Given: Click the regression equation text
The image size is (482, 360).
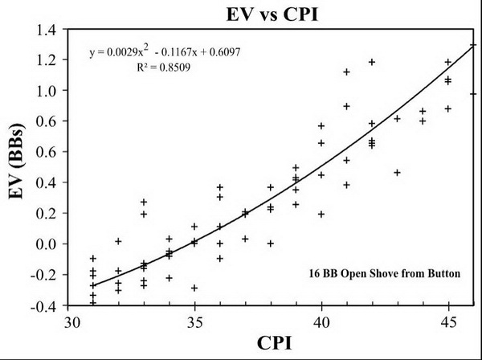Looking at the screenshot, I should coord(166,53).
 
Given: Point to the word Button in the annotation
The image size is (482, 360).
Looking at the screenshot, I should coord(443,273).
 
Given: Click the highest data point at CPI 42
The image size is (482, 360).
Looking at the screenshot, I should coord(372,62).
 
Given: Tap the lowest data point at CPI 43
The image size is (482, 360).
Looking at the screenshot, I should coord(397,172).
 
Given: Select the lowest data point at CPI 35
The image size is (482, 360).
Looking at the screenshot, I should coord(194,288).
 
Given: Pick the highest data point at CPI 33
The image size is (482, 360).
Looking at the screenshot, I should coord(144,202).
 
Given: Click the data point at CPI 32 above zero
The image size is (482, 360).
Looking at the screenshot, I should coord(118,241).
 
